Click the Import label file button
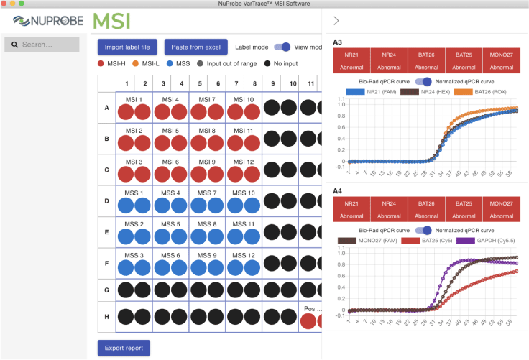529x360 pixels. point(127,47)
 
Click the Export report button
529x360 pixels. point(124,348)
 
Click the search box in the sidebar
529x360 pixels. point(42,45)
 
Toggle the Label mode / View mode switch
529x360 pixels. point(282,47)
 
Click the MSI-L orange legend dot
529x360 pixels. point(137,64)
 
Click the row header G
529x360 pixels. point(106,290)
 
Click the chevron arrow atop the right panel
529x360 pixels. point(336,21)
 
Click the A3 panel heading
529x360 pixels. point(338,42)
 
